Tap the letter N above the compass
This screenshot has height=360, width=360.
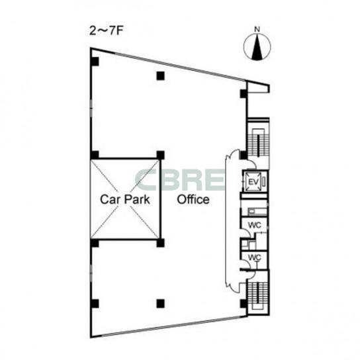(257, 29)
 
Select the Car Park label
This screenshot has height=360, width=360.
(125, 199)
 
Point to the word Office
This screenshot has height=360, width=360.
(193, 199)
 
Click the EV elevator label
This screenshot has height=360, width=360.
(253, 182)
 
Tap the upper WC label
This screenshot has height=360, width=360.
(255, 225)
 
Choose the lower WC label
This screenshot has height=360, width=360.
(255, 257)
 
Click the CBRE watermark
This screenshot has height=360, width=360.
(180, 180)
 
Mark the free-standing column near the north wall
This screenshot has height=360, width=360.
(161, 75)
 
